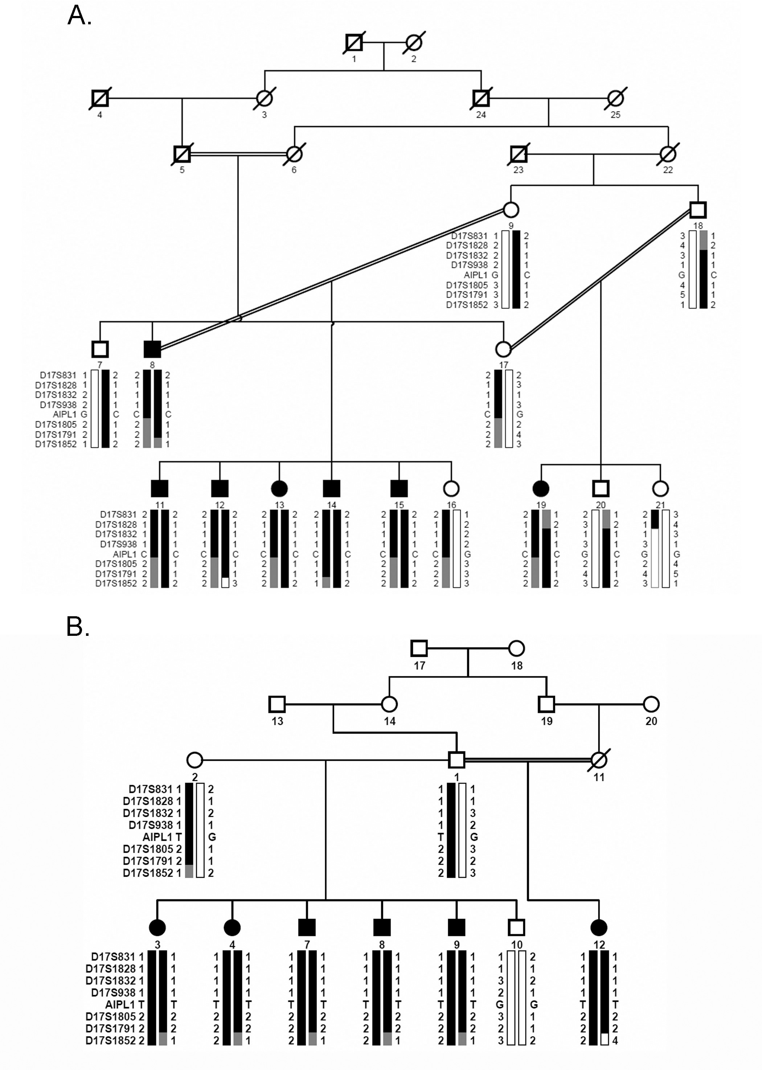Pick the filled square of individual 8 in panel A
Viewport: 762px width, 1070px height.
click(152, 349)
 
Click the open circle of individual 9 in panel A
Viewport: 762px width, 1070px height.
click(511, 210)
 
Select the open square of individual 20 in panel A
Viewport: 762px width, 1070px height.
click(601, 489)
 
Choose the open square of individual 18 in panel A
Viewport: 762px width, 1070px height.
click(698, 210)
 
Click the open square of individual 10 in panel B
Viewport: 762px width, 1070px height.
click(517, 927)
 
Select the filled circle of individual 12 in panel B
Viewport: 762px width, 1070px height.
click(599, 927)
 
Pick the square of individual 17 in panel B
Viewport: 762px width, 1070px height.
click(419, 649)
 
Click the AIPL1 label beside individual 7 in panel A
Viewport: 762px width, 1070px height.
click(64, 415)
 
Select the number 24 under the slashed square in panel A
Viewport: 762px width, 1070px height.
click(481, 114)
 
